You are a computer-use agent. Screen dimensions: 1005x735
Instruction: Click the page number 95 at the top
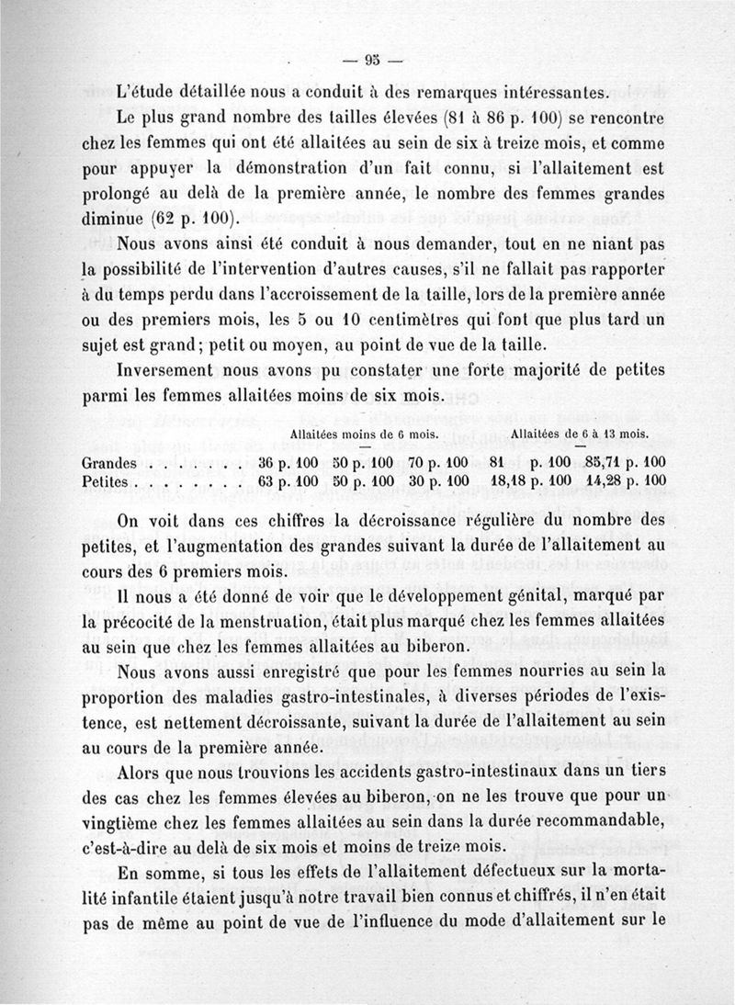(x=371, y=63)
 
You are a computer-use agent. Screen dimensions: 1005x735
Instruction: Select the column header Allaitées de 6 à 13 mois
(x=580, y=433)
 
